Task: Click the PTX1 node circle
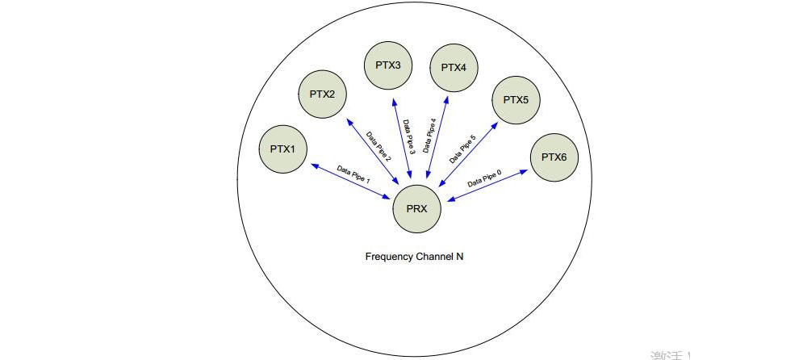pyautogui.click(x=282, y=149)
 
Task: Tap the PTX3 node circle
pyautogui.click(x=388, y=65)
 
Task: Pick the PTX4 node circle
pyautogui.click(x=454, y=67)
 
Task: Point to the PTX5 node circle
pyautogui.click(x=515, y=100)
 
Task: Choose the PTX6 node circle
pyautogui.click(x=554, y=157)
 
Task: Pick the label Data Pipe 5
pyautogui.click(x=461, y=150)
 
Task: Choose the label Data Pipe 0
pyautogui.click(x=484, y=177)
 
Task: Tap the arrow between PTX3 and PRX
pyautogui.click(x=403, y=142)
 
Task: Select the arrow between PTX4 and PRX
pyautogui.click(x=437, y=139)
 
